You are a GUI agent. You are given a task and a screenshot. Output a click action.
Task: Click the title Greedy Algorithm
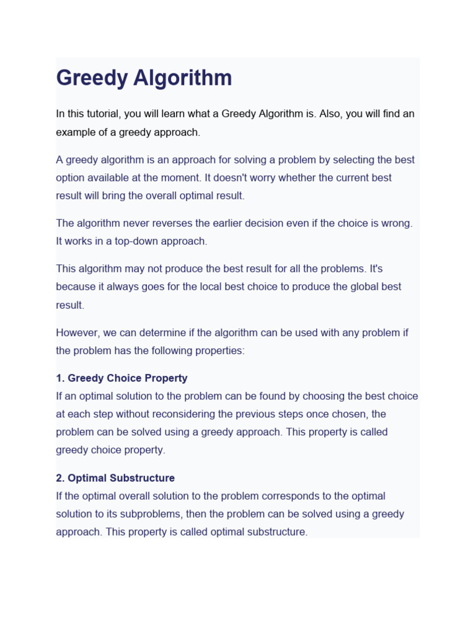[144, 79]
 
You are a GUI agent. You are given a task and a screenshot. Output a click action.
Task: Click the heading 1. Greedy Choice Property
[121, 378]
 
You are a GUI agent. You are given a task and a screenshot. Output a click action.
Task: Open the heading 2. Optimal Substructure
[115, 478]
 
